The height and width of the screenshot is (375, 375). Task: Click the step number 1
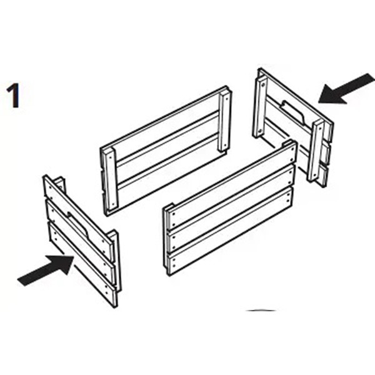tap(13, 96)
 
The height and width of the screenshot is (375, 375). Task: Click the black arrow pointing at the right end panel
tap(347, 89)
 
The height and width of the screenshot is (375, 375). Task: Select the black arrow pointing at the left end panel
tap(46, 270)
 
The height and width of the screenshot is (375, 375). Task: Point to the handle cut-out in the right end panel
tap(293, 112)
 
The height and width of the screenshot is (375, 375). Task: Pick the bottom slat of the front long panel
tap(229, 231)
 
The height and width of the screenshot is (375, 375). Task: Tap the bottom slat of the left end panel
tap(82, 264)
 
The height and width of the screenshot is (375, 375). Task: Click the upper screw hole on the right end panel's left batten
tap(263, 84)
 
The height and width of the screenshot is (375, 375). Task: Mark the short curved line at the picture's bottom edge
tap(261, 311)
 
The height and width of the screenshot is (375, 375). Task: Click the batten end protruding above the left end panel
tap(60, 184)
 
